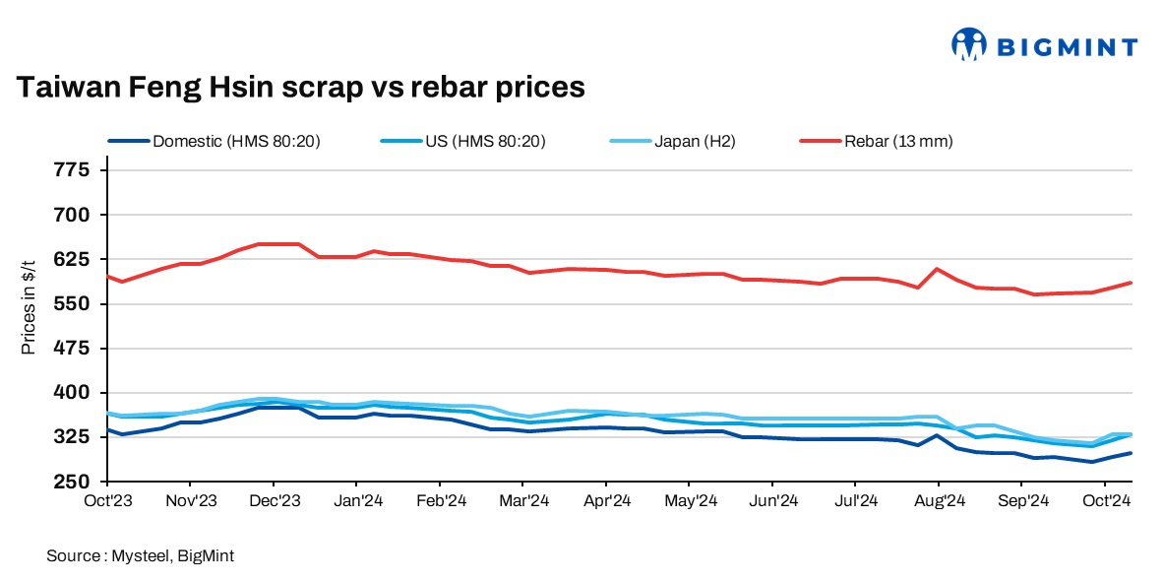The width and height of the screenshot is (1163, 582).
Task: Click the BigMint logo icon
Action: [x=969, y=43]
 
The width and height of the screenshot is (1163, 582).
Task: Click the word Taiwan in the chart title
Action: [x=65, y=88]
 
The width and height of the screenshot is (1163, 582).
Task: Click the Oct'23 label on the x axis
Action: [x=107, y=500]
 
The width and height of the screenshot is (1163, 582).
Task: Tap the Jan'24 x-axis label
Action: [x=359, y=500]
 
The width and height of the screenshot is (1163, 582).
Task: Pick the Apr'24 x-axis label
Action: [x=607, y=500]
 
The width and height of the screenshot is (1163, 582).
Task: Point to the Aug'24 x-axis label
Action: [x=939, y=500]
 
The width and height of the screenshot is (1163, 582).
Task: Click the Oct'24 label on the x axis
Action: [x=1106, y=500]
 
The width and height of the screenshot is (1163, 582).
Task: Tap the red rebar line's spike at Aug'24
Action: [x=938, y=269]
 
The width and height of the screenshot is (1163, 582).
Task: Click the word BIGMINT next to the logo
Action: [x=1068, y=46]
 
